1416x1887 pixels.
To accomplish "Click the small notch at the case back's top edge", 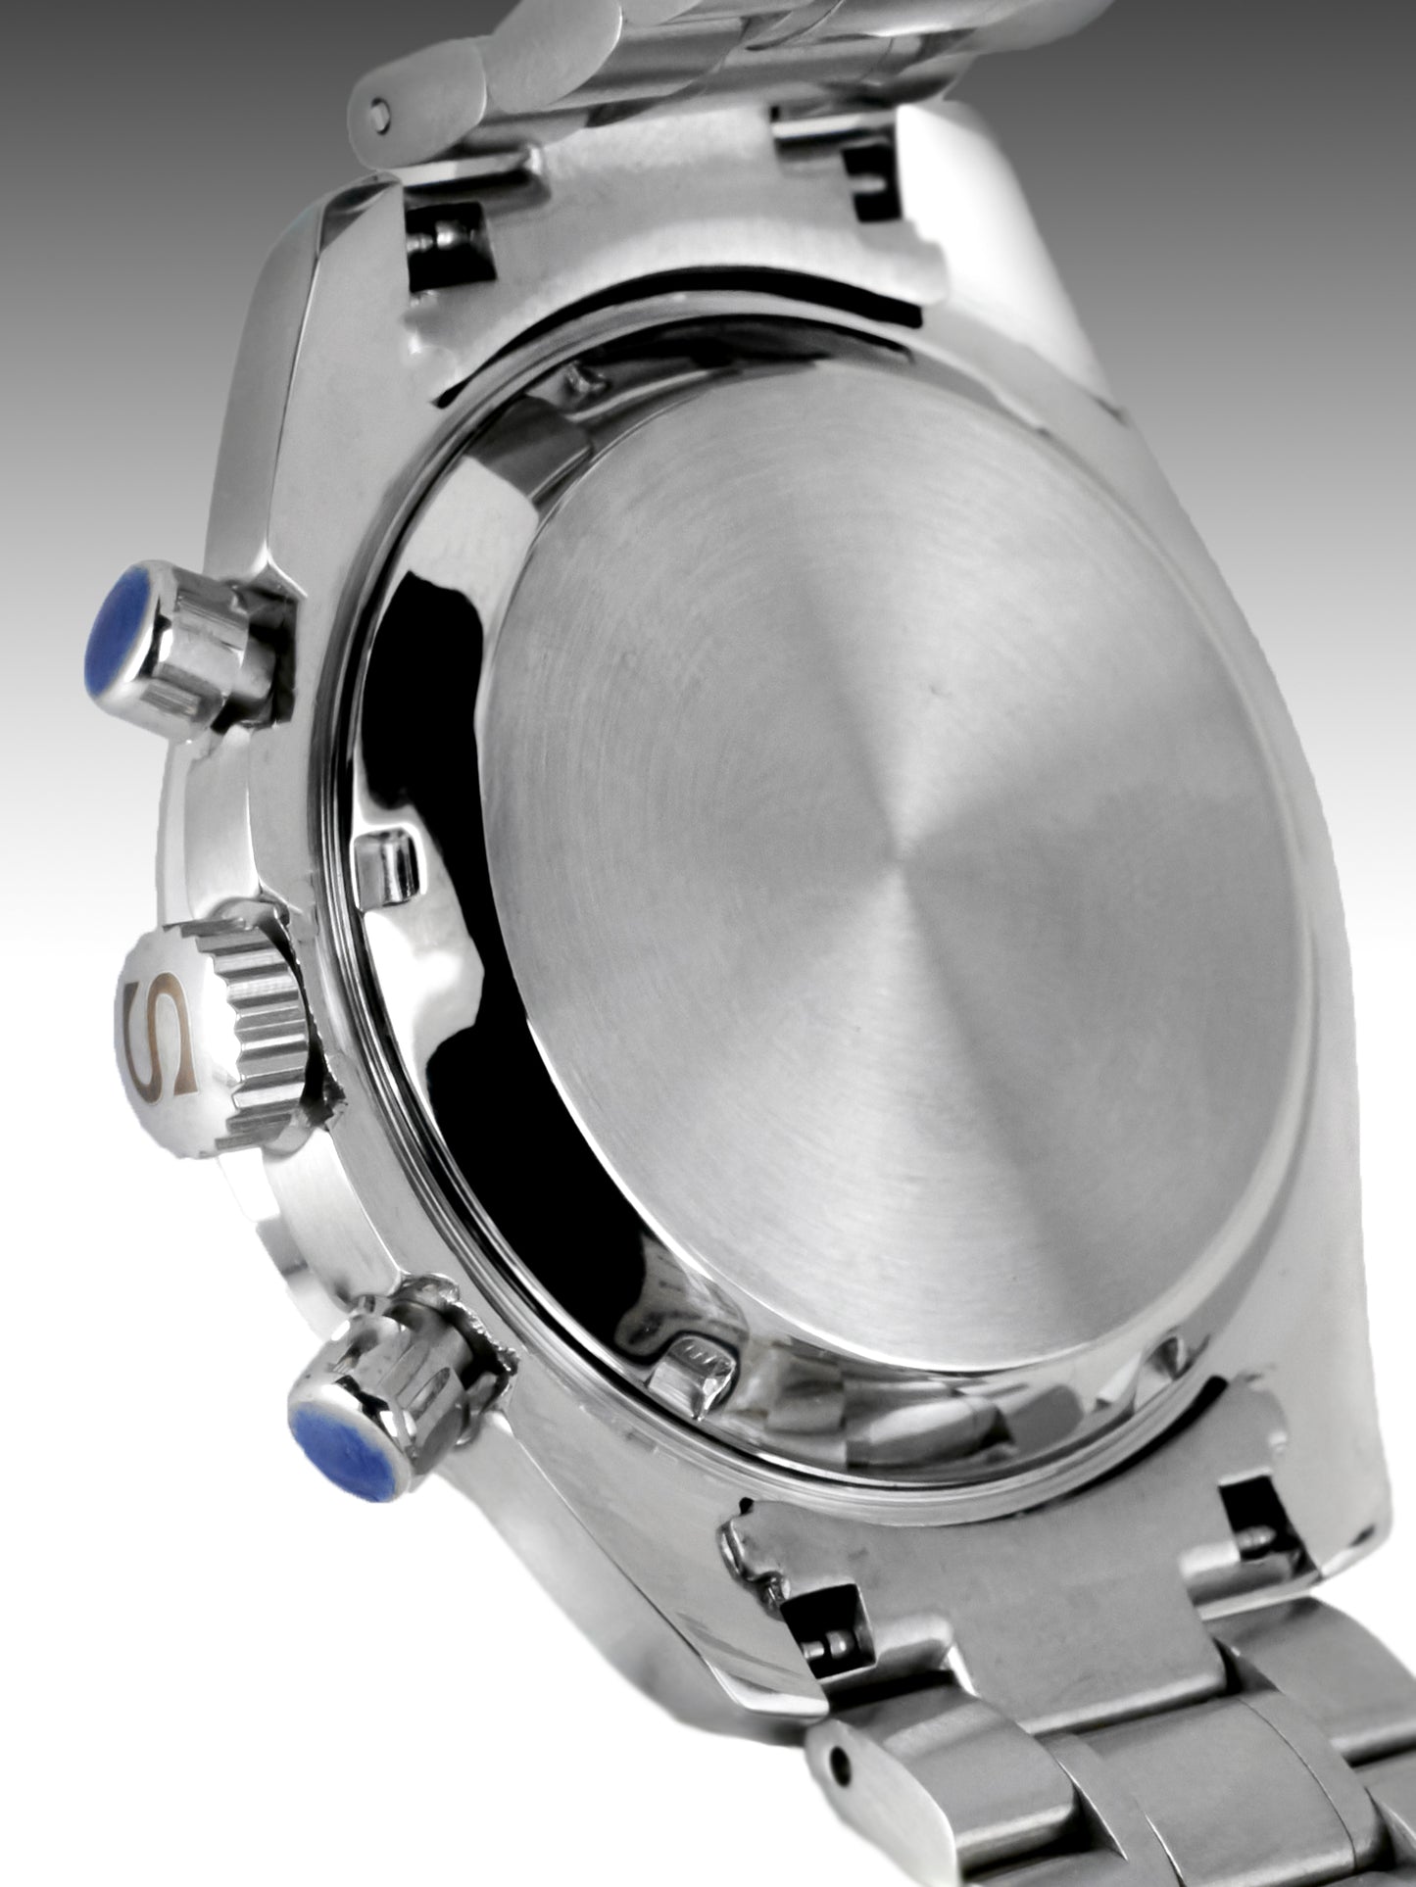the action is pyautogui.click(x=578, y=377).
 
